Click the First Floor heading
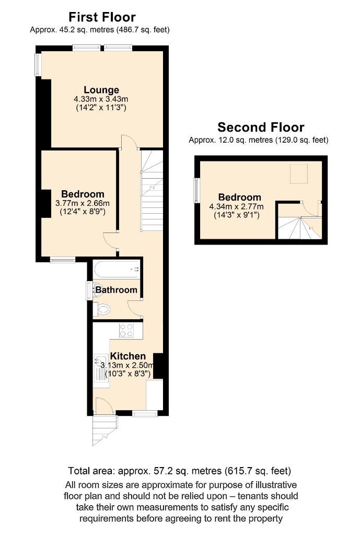coord(101,18)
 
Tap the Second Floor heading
coord(261,127)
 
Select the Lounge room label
coord(101,90)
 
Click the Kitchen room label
coord(127,356)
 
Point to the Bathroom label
coord(116,289)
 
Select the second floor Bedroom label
coord(239,197)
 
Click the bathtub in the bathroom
coord(117,270)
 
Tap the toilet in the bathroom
coord(102,309)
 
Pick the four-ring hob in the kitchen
coord(127,330)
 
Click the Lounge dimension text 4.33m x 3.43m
coord(101,99)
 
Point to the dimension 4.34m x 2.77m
coord(239,206)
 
